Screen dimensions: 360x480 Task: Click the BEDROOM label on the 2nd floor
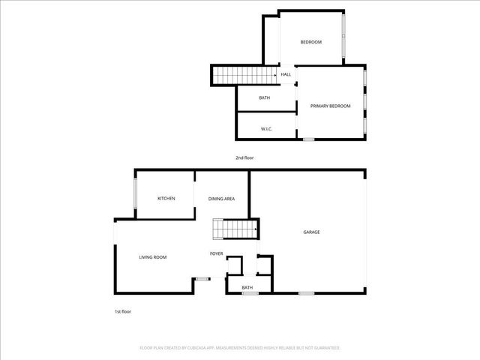coord(310,42)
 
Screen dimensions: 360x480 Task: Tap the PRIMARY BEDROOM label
coord(331,106)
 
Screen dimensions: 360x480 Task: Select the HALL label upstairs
coord(286,74)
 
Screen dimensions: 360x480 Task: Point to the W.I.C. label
coord(266,129)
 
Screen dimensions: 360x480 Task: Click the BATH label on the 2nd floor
coord(264,98)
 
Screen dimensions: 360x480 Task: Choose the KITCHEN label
coord(166,198)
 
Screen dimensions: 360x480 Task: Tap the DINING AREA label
coord(222,198)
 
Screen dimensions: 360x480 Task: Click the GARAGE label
coord(311,232)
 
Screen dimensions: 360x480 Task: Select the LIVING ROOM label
coord(153,257)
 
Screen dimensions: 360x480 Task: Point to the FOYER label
coord(216,253)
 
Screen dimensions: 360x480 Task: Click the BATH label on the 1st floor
coord(247,287)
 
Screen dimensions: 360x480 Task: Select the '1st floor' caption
coord(122,311)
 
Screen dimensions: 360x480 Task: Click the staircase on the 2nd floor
coord(234,75)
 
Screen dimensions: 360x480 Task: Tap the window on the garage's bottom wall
coord(306,292)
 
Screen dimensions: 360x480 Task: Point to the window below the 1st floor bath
coord(250,293)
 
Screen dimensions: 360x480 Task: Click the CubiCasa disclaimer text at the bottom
coord(240,348)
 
